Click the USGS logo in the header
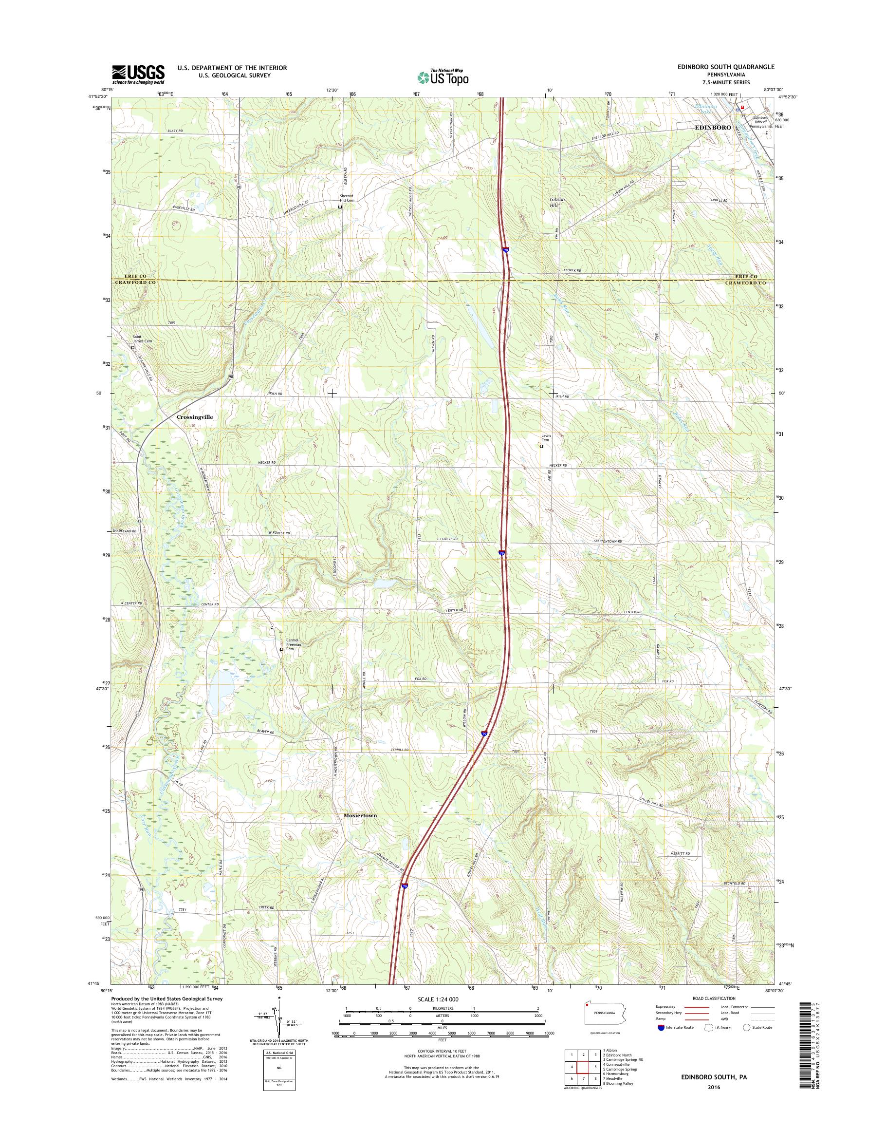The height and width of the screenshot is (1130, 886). tap(139, 74)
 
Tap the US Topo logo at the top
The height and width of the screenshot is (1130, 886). tap(443, 77)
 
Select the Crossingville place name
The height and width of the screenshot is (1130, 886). tap(195, 417)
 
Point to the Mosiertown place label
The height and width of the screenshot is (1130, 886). tap(360, 830)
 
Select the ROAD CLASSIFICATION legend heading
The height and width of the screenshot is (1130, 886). tap(714, 998)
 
